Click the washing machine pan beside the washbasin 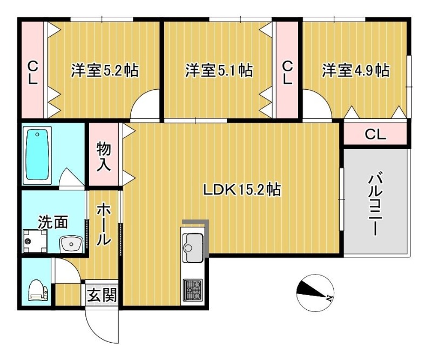(x=35, y=241)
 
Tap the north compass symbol (x=314, y=292)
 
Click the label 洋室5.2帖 (x=104, y=70)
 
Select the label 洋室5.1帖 (x=218, y=70)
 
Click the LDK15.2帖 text (x=241, y=190)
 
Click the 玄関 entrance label (x=101, y=295)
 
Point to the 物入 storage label (x=104, y=156)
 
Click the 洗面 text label (x=53, y=222)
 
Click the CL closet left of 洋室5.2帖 (x=33, y=72)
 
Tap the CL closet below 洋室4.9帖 (x=375, y=134)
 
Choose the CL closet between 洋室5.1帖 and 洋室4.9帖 (x=287, y=72)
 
